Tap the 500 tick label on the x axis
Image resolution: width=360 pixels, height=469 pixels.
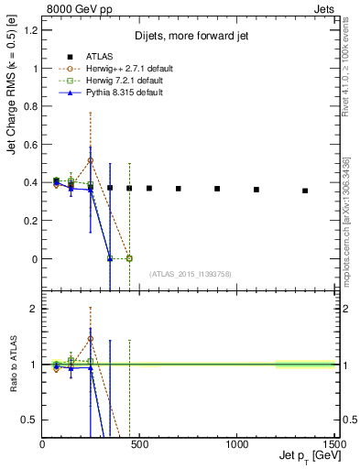point(139,442)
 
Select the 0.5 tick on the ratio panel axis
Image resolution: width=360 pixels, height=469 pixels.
point(32,420)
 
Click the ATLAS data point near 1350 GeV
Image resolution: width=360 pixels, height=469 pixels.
point(305,191)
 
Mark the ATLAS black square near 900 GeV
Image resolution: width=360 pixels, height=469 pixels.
point(217,189)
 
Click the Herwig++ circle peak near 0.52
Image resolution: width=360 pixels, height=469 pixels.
point(91,160)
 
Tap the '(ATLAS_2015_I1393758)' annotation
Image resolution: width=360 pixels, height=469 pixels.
point(190,274)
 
